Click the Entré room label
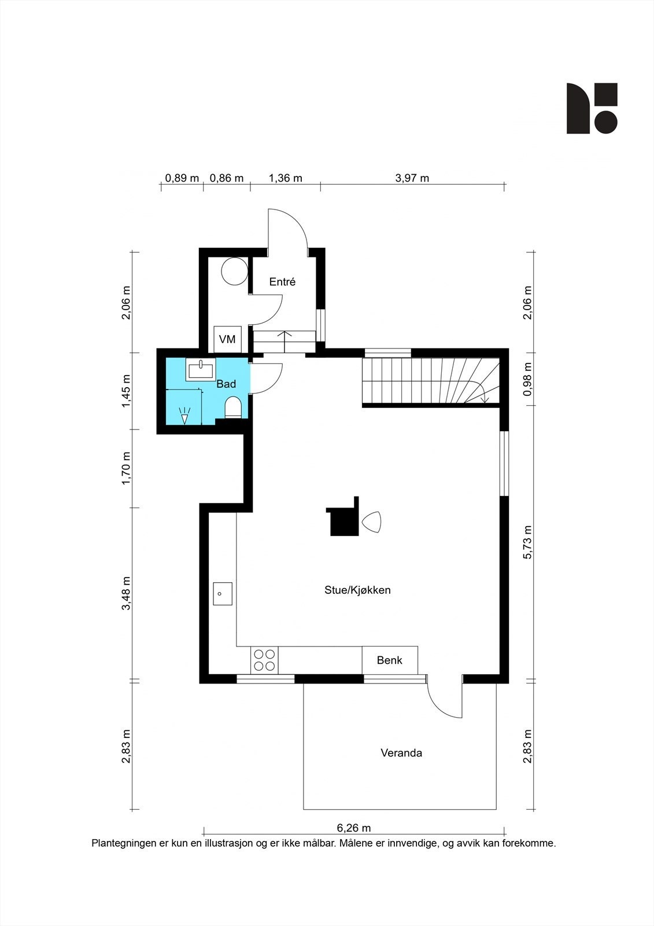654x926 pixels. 282,282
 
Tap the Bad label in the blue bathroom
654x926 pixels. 227,384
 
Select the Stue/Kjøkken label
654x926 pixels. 357,590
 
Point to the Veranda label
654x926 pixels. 401,753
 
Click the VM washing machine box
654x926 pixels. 227,339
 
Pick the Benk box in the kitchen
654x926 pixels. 390,660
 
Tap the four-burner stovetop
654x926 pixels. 264,660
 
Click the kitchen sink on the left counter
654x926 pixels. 223,594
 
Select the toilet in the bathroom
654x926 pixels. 233,407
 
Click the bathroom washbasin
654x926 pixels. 201,369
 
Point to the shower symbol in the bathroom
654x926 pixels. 184,416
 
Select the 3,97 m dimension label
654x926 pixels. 412,178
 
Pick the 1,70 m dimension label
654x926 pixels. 126,468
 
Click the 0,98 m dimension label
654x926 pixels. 527,379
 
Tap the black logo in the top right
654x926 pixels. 592,108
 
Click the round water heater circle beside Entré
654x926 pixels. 234,271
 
